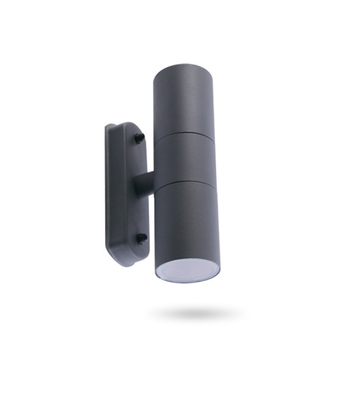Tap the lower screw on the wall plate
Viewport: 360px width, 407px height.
click(x=140, y=237)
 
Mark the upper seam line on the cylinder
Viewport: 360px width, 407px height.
click(x=184, y=132)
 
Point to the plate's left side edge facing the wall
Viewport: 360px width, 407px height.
click(x=108, y=189)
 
